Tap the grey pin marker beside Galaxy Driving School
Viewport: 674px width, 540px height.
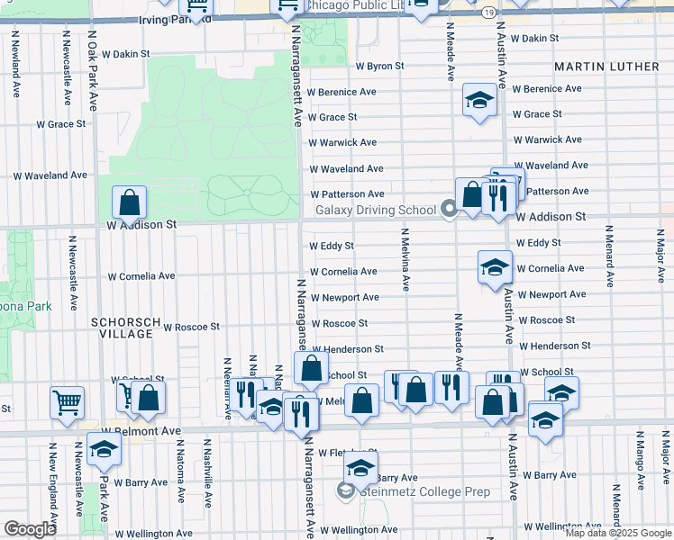(x=450, y=210)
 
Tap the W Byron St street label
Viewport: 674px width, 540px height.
(x=379, y=67)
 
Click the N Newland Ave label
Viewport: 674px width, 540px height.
(x=17, y=67)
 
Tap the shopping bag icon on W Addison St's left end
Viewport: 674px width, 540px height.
(x=130, y=202)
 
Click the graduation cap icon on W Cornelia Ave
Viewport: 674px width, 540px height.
(x=495, y=266)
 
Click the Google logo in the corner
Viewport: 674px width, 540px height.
(x=30, y=529)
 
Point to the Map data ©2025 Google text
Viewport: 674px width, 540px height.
(x=618, y=533)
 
